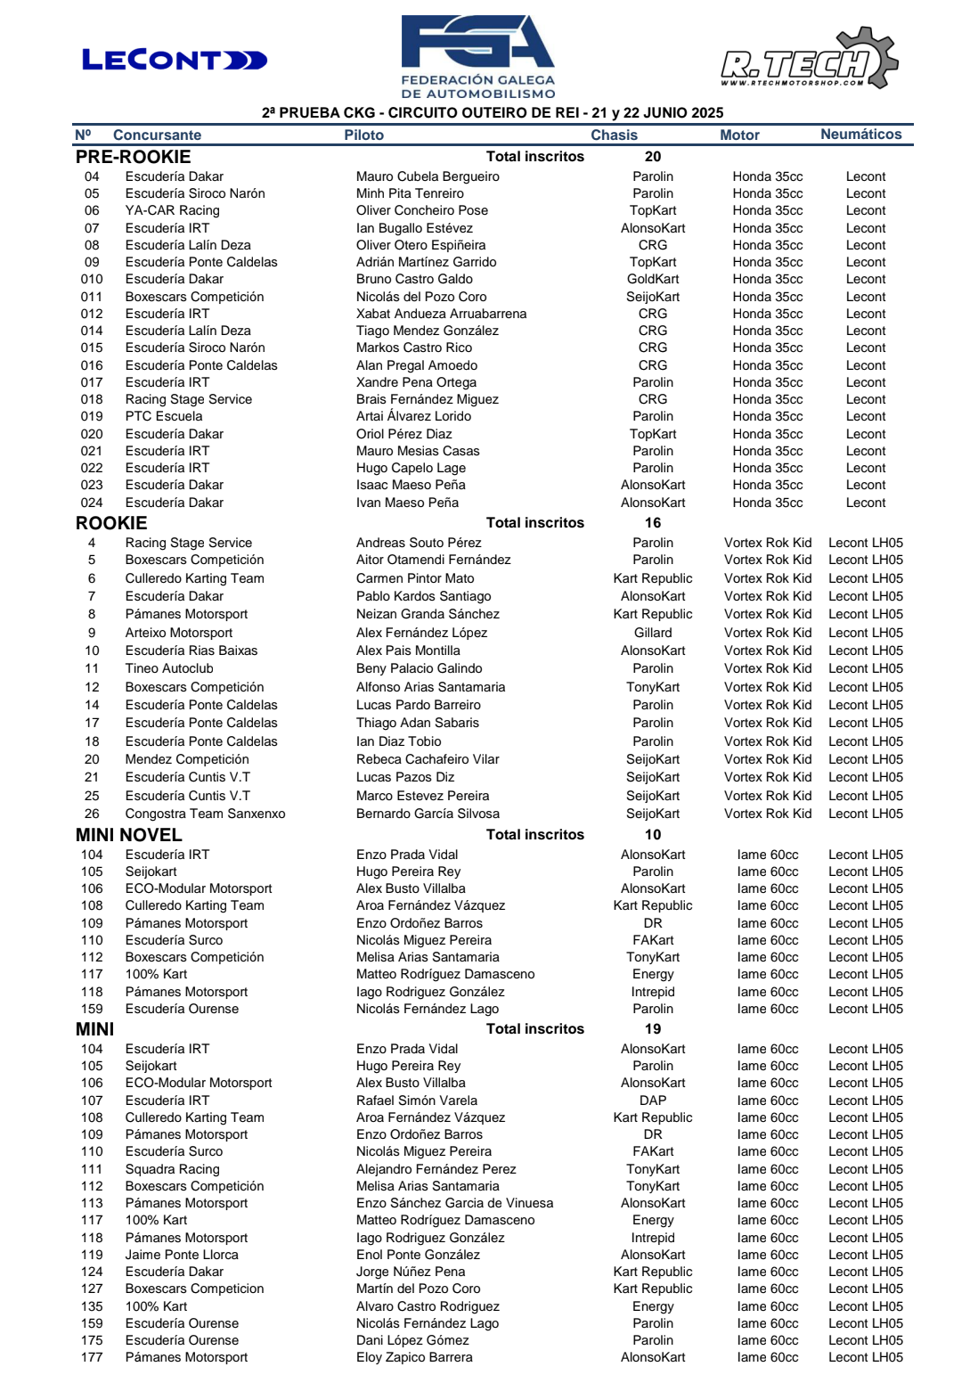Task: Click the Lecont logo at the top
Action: coord(175,60)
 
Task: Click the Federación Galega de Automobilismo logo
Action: coord(478,56)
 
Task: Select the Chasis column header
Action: coord(614,135)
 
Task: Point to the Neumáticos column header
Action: coord(860,135)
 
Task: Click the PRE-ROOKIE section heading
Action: coord(134,157)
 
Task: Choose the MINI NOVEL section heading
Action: coord(129,835)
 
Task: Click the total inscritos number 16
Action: coord(653,523)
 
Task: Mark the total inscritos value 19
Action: coord(653,1029)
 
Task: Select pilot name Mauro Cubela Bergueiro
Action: coord(428,176)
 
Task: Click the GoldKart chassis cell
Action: coord(653,279)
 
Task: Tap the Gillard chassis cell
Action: coord(653,633)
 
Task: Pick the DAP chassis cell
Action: coord(653,1101)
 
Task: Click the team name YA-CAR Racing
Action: coord(172,210)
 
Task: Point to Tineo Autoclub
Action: coord(169,668)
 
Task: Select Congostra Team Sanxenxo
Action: coord(205,814)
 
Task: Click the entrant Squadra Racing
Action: coord(172,1169)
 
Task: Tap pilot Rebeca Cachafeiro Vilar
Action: coord(428,759)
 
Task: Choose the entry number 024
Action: coord(92,503)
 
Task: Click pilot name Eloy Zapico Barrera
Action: coord(414,1357)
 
